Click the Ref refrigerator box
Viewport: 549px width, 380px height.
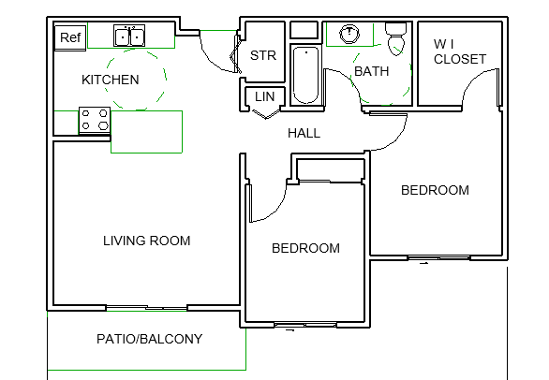tap(70, 37)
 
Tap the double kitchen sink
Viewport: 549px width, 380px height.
tap(129, 36)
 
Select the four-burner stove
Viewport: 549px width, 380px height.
tap(95, 121)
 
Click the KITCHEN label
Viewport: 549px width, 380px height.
tap(111, 80)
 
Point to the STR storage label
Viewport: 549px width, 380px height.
tap(263, 55)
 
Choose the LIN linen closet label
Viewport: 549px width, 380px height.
tap(265, 96)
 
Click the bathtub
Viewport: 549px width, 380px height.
tap(305, 75)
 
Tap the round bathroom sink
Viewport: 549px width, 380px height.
tap(349, 34)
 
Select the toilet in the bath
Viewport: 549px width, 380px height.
tap(396, 38)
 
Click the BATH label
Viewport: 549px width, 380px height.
tap(372, 71)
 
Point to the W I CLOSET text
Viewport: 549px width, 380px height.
tap(460, 51)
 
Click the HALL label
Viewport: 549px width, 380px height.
tap(304, 133)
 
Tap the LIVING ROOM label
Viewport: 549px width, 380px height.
tap(147, 241)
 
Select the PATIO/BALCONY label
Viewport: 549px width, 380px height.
tap(150, 339)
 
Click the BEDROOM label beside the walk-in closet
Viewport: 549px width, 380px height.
tap(435, 190)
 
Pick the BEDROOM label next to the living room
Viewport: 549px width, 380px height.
tap(305, 248)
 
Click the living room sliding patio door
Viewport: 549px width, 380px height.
tap(147, 308)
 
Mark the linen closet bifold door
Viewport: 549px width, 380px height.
tap(266, 114)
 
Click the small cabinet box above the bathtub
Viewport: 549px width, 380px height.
tap(304, 30)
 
